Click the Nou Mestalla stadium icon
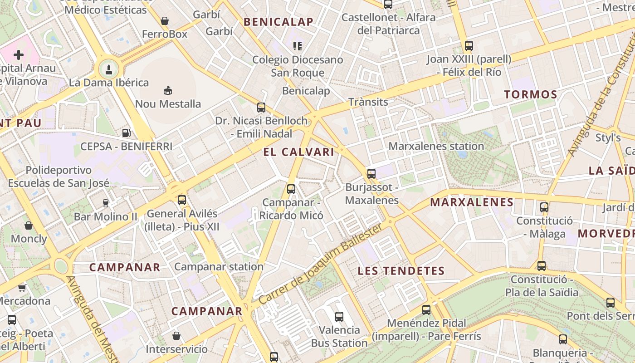point(168,90)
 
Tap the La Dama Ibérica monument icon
point(109,69)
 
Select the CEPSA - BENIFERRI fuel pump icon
point(127,133)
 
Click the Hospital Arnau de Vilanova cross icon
point(19,55)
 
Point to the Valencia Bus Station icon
point(339,316)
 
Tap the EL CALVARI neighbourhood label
point(298,152)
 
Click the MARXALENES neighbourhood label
point(472,202)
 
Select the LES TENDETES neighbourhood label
point(401,271)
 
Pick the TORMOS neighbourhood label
point(531,94)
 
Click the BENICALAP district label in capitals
point(278,22)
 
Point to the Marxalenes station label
point(436,146)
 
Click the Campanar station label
point(219,266)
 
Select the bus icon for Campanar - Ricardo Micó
point(291,189)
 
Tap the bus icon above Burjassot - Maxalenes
point(371,173)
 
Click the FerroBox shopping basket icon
point(165,21)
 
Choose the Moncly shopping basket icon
point(29,226)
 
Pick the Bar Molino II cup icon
point(106,203)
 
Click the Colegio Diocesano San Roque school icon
point(298,46)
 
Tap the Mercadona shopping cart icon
point(22,287)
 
